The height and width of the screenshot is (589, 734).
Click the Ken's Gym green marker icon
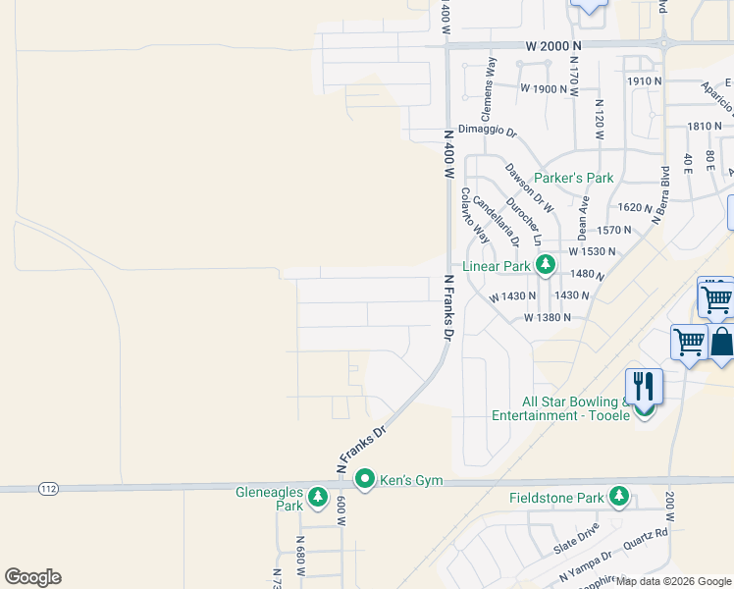tap(365, 480)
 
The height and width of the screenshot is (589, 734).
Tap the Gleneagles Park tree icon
tap(317, 498)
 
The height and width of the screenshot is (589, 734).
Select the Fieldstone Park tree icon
tap(619, 498)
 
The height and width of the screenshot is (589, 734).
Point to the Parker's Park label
tap(573, 179)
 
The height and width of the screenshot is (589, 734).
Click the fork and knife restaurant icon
tap(644, 385)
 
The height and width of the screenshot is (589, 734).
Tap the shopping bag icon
tap(721, 343)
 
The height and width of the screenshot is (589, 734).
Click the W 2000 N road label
tap(553, 45)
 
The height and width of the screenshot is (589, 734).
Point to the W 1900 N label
tap(545, 88)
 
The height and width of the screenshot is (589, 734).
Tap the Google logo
tap(32, 577)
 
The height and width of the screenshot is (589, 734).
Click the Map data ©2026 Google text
tap(674, 581)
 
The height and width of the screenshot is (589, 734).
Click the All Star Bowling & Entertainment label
tap(562, 408)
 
